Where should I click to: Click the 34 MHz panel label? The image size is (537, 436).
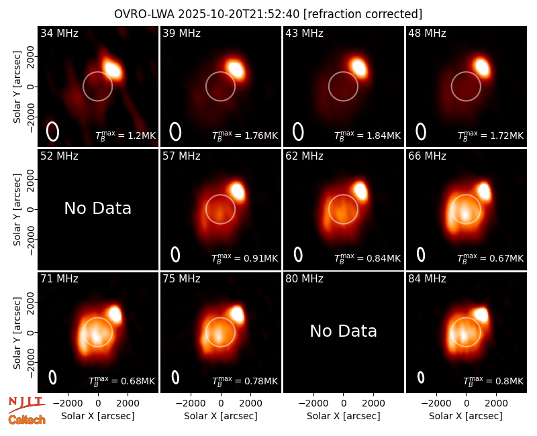click(x=59, y=33)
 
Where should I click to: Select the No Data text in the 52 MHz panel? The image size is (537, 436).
click(x=97, y=208)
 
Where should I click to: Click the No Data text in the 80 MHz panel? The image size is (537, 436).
click(x=343, y=331)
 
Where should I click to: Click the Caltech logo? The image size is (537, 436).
click(x=27, y=420)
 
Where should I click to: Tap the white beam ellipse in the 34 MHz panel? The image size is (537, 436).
click(x=53, y=131)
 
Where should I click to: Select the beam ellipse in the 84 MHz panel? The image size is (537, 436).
click(x=421, y=378)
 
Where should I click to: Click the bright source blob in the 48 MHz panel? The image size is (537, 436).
click(x=482, y=67)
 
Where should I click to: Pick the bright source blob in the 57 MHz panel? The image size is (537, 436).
click(x=237, y=191)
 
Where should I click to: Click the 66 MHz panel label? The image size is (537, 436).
click(x=427, y=156)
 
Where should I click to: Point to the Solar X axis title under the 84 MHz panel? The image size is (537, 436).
click(x=465, y=416)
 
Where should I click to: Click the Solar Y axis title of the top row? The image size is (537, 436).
click(x=17, y=87)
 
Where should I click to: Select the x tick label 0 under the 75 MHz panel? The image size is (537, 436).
click(x=221, y=404)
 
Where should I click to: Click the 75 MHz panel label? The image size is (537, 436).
click(x=181, y=279)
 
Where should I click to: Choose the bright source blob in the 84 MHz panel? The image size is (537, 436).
click(x=481, y=315)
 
